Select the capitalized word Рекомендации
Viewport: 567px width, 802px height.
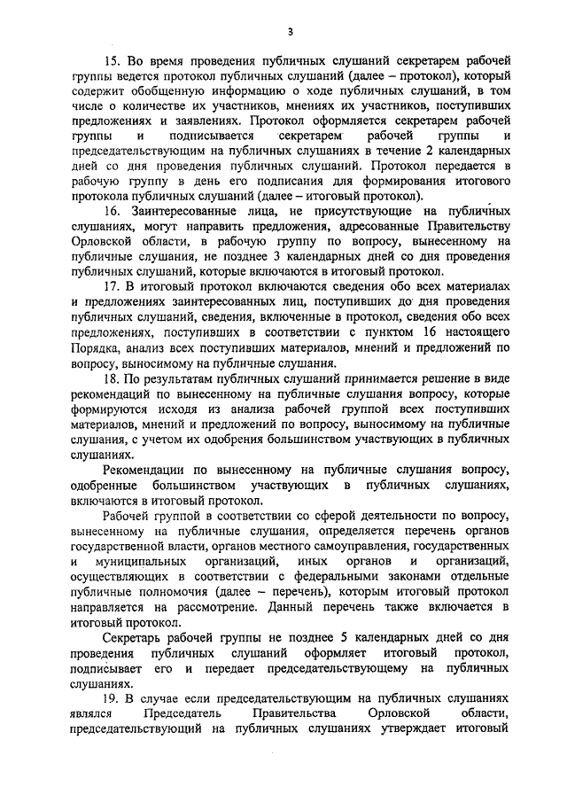(x=146, y=470)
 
